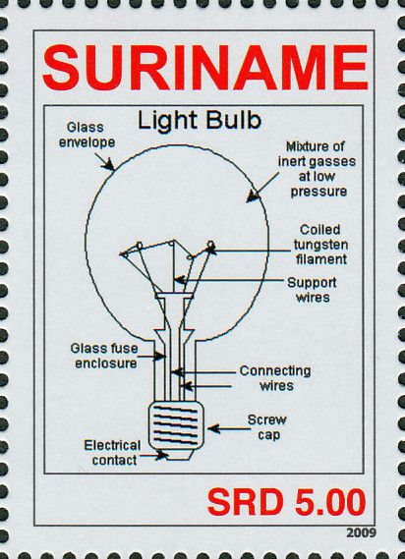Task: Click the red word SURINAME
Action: (205, 68)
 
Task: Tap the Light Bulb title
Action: (200, 121)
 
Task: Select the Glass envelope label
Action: (87, 135)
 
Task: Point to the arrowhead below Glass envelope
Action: (108, 165)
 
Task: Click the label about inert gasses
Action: (318, 169)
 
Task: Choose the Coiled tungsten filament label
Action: (320, 245)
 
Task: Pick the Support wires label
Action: (312, 290)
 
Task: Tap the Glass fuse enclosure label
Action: (104, 356)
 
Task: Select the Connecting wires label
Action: (275, 378)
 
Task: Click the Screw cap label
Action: (267, 427)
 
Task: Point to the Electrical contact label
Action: (112, 452)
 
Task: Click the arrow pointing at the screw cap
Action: (229, 428)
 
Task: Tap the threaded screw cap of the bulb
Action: (176, 425)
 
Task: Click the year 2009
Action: (361, 533)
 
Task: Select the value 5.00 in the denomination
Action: (330, 502)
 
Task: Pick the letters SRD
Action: (246, 502)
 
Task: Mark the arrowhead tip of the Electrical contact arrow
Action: (168, 455)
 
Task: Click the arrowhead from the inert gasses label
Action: (253, 196)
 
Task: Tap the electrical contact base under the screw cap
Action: (177, 455)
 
